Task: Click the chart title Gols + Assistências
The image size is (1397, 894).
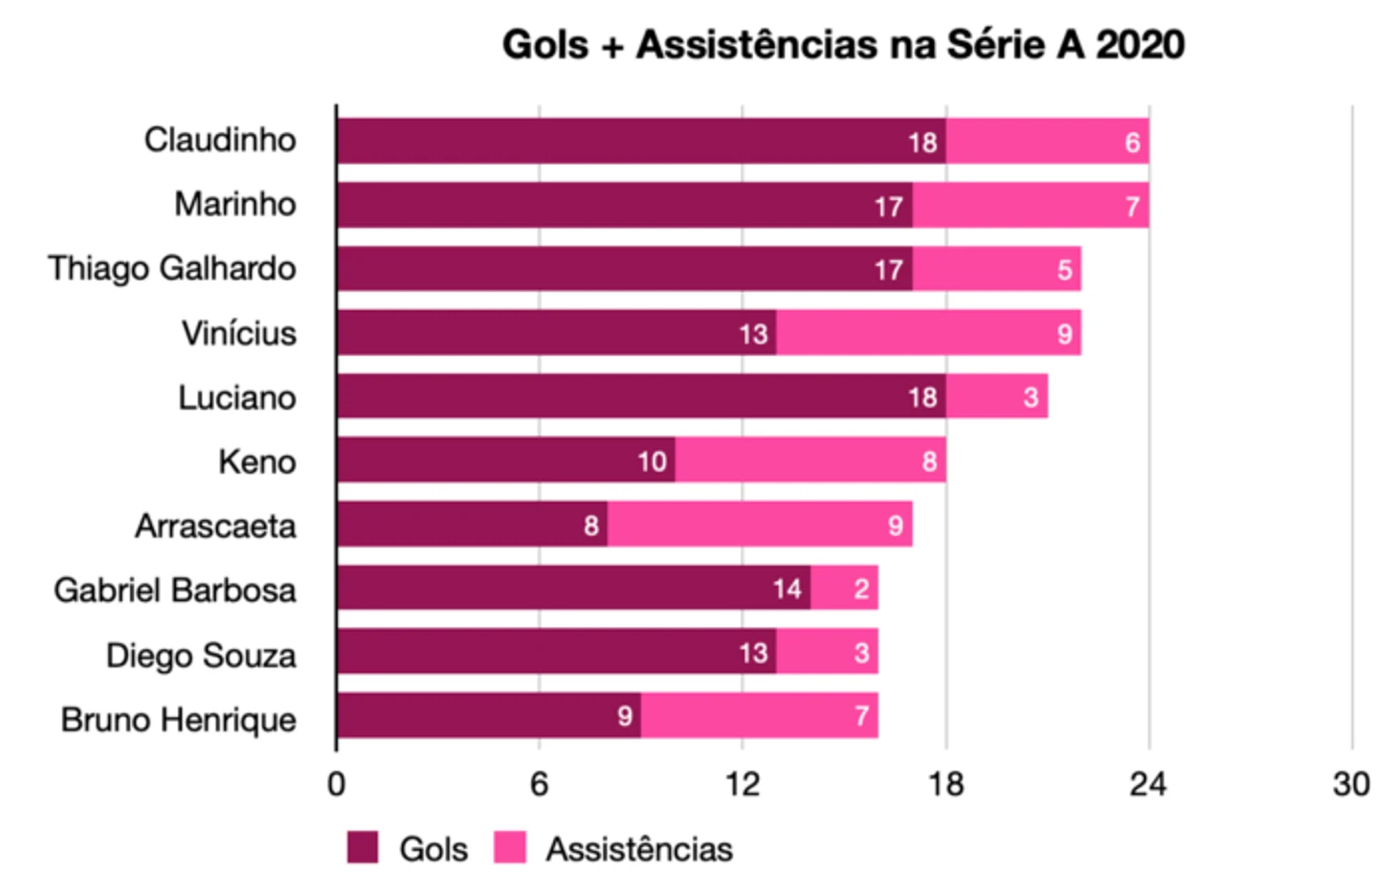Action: pyautogui.click(x=843, y=45)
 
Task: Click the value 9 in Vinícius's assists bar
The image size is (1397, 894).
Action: pyautogui.click(x=1064, y=334)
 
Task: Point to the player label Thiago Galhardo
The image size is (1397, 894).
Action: pyautogui.click(x=172, y=269)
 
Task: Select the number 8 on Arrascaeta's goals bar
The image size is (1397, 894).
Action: pyautogui.click(x=591, y=525)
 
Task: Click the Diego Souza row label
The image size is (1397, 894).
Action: pyautogui.click(x=201, y=656)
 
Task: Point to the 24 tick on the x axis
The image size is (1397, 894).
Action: pyautogui.click(x=1148, y=784)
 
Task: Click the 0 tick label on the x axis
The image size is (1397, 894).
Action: pyautogui.click(x=336, y=784)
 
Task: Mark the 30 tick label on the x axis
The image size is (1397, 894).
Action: pyautogui.click(x=1351, y=784)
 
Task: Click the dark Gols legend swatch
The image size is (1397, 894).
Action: pyautogui.click(x=363, y=848)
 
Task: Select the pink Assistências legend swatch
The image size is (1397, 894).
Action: pyautogui.click(x=510, y=848)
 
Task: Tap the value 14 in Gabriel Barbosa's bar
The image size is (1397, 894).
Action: pyautogui.click(x=787, y=589)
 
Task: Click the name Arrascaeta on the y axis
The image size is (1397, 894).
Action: pyautogui.click(x=215, y=526)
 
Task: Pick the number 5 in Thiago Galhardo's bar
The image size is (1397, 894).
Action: pyautogui.click(x=1064, y=270)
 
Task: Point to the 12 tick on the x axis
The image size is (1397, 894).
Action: pyautogui.click(x=742, y=784)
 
